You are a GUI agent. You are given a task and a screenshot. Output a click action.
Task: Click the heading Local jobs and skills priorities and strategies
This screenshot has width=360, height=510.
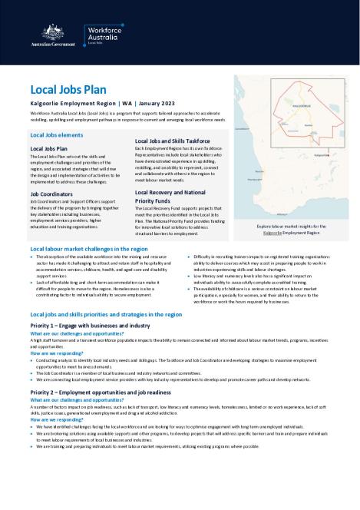click(x=106, y=315)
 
